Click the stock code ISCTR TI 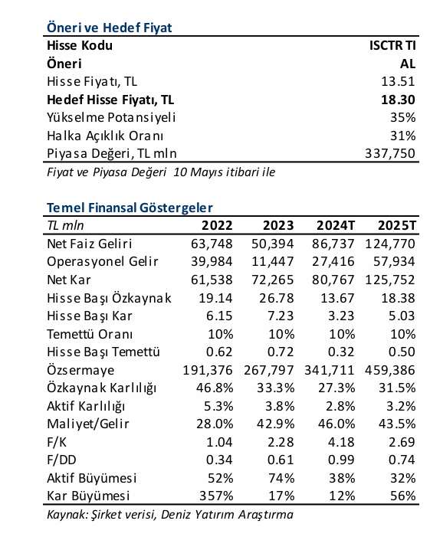392,45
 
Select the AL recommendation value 407,64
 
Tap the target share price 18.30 398,100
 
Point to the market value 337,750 390,153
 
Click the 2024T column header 336,225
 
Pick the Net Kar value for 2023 272,280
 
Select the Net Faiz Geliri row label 90,244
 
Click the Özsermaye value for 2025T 390,370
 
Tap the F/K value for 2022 219,442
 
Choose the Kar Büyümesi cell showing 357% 216,496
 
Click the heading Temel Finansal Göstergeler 130,208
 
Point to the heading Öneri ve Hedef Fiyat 110,28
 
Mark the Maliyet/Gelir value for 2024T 336,424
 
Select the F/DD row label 61,460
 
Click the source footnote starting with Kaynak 170,514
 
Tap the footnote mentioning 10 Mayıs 161,172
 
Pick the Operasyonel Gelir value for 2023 272,261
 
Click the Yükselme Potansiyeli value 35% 403,117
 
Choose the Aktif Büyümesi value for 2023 281,478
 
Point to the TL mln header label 65,225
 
